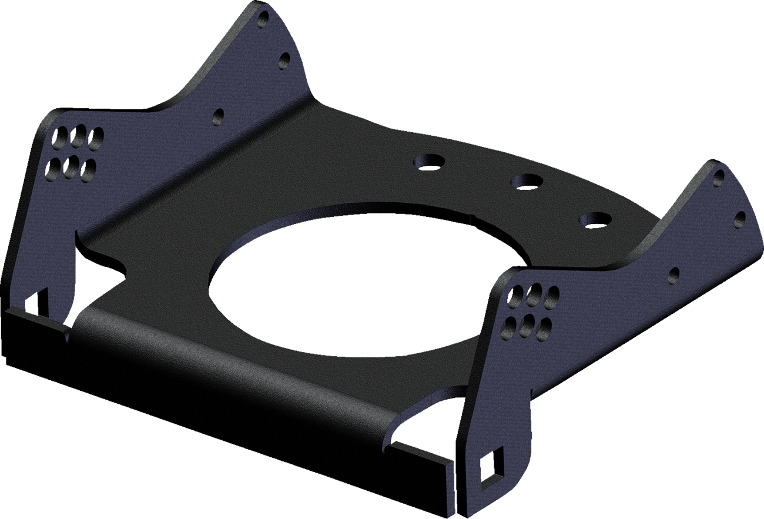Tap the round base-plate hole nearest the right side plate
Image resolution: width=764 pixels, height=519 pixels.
point(595,219)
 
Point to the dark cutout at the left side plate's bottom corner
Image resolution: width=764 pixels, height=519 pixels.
point(37,300)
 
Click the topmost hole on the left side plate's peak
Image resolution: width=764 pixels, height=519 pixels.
point(264,20)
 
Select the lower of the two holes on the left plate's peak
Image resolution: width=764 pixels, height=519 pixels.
point(285,59)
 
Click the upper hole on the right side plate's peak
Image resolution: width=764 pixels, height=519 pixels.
point(718,178)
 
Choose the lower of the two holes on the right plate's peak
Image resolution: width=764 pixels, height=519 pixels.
point(740,219)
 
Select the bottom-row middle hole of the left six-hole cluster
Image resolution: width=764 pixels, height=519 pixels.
point(71,169)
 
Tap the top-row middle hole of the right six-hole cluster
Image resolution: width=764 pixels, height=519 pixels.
point(534,296)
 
